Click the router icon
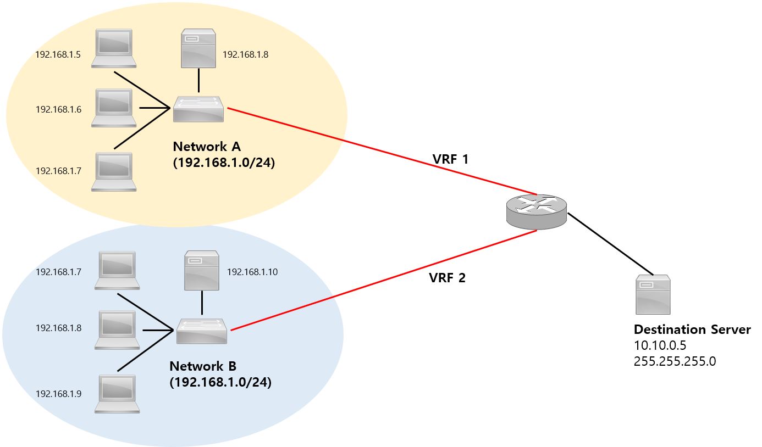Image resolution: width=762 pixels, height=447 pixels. [x=537, y=211]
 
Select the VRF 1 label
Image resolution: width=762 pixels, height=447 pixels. [x=450, y=160]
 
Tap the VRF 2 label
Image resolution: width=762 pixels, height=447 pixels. [x=447, y=278]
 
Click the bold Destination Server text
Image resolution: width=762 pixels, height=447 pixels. [x=692, y=329]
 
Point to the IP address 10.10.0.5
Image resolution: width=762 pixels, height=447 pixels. [x=660, y=345]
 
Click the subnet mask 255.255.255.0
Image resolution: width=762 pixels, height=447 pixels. [x=675, y=361]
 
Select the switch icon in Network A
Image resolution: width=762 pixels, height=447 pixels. [x=198, y=109]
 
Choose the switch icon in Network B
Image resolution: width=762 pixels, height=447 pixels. [x=202, y=331]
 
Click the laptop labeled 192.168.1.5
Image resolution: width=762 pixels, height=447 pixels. [x=113, y=48]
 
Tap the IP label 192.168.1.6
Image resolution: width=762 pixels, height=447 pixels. [x=58, y=109]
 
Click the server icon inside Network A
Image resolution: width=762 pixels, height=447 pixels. [x=198, y=50]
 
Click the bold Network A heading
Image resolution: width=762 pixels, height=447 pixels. [x=207, y=147]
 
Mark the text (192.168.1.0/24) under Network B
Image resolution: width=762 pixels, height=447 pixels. [x=220, y=382]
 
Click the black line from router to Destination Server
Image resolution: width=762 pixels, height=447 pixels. [x=610, y=244]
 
